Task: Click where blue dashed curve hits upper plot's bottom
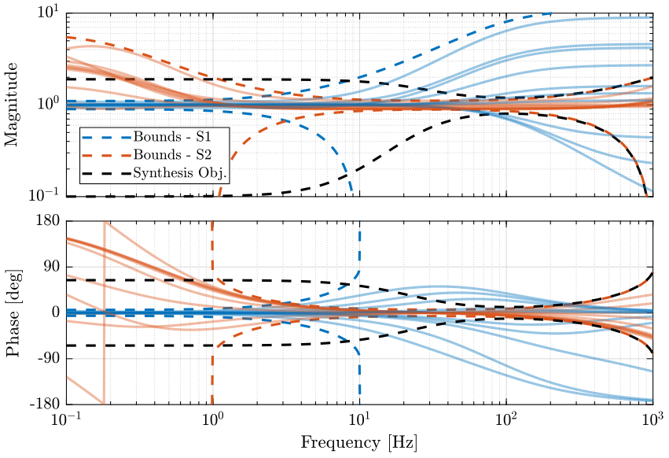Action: coord(351,194)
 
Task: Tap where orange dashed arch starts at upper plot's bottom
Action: coord(219,194)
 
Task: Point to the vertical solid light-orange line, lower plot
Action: coord(104,315)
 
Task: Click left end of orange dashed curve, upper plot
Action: coord(68,37)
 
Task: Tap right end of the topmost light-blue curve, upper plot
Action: coord(651,17)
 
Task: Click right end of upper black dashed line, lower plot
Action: coord(651,273)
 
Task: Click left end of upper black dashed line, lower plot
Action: coord(68,280)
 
